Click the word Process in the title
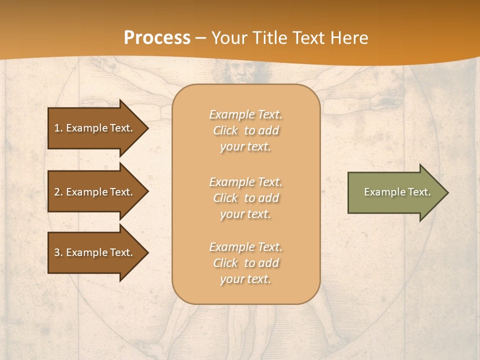point(157,38)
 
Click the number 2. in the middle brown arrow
point(58,192)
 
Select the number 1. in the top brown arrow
point(58,128)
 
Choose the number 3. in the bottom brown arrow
point(58,252)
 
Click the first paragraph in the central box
point(246,130)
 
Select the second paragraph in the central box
point(246,198)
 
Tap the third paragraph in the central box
point(246,263)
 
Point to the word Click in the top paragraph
point(225,130)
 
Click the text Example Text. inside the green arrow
point(397,192)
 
